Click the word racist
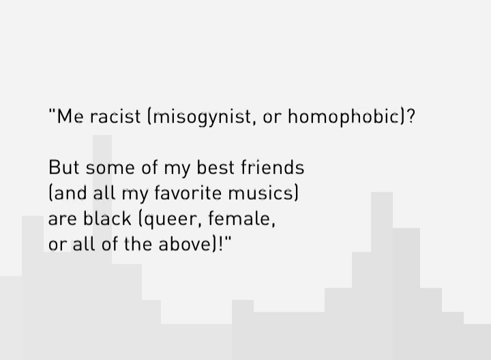coord(115,117)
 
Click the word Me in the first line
coord(70,117)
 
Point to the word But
coord(64,168)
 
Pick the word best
coord(215,168)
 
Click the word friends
coord(273,167)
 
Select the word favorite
coord(188,193)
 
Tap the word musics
coord(261,194)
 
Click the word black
coord(107,218)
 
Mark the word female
coord(240,218)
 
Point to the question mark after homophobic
coord(411,117)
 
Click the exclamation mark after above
coord(221,244)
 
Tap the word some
coord(110,168)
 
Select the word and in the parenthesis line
coord(70,193)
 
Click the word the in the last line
coord(138,244)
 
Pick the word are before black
coord(62,219)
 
